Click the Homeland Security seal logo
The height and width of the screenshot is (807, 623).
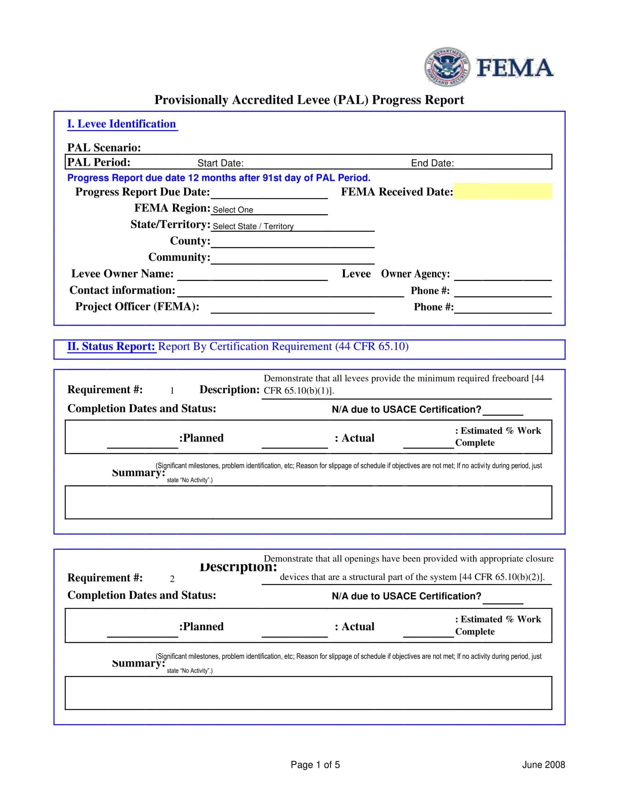tap(447, 67)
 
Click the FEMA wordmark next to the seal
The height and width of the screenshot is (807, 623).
tap(515, 67)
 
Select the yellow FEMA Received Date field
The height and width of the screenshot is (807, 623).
tap(502, 191)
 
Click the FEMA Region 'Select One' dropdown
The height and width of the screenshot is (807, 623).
tap(269, 210)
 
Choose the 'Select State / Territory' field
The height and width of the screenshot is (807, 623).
tap(292, 226)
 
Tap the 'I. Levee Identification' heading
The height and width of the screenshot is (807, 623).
tap(121, 124)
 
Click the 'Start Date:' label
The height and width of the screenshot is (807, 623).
tap(220, 163)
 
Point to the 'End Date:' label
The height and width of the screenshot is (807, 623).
tap(432, 163)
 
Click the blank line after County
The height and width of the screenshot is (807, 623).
tap(292, 242)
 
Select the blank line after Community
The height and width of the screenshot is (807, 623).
tap(292, 258)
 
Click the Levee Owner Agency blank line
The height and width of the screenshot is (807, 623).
tap(503, 275)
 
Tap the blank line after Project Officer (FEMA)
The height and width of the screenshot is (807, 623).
tap(292, 308)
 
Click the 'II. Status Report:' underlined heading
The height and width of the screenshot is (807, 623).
tap(111, 347)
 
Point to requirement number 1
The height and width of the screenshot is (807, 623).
tap(172, 391)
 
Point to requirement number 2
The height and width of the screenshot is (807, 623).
tap(172, 579)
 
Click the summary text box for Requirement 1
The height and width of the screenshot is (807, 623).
tap(308, 502)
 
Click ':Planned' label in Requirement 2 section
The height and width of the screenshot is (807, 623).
tap(202, 627)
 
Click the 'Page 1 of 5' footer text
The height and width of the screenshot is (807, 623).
tap(315, 765)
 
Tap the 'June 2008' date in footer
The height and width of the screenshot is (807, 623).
tap(543, 765)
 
